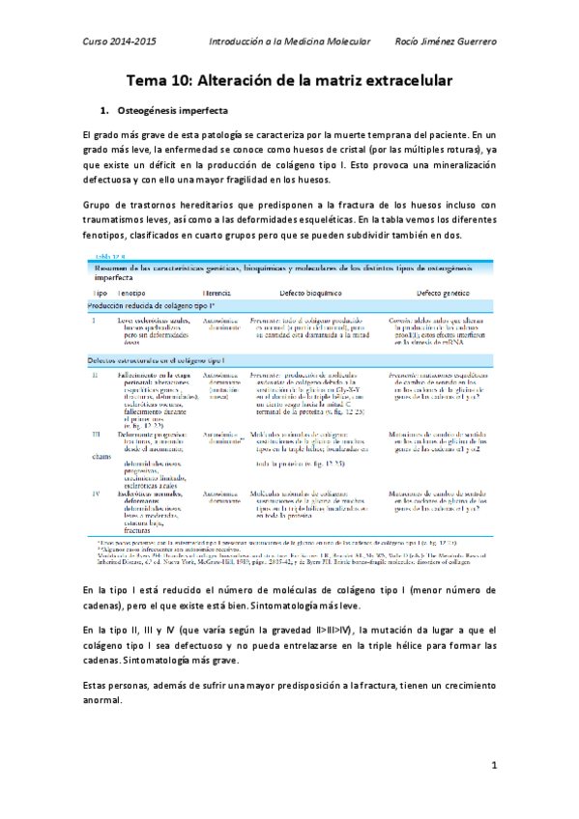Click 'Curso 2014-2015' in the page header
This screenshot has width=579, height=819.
[119, 43]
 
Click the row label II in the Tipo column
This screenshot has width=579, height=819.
[94, 373]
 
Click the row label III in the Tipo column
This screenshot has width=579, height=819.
[95, 436]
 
